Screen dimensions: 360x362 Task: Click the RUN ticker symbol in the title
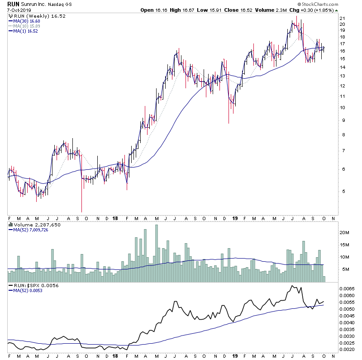(14, 4)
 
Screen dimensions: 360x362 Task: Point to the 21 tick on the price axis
(343, 18)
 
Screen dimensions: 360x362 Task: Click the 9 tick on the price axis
(343, 120)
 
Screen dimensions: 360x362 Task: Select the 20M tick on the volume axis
(345, 232)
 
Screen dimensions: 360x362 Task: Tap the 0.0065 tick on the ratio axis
(348, 288)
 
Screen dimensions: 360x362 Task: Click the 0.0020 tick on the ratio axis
(348, 349)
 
